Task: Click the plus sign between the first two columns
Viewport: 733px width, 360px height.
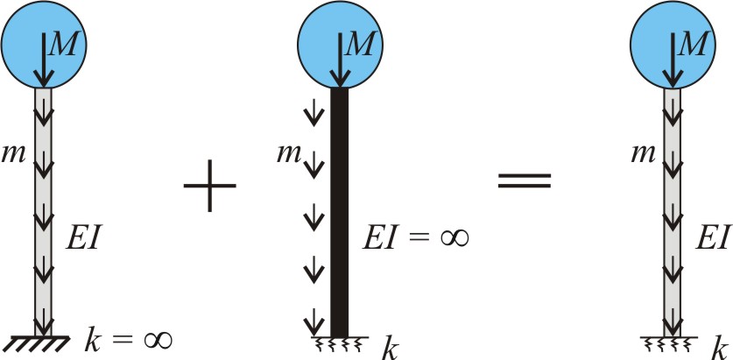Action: click(x=210, y=186)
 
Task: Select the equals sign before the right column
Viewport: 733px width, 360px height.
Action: click(x=525, y=181)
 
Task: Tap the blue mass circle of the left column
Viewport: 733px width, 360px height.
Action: click(x=44, y=45)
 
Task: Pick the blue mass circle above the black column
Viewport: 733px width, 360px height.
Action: click(x=340, y=45)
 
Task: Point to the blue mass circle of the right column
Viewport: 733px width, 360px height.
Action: click(x=673, y=45)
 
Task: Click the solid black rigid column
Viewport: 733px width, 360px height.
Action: click(x=340, y=212)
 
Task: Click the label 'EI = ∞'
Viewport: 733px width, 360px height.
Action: click(x=416, y=238)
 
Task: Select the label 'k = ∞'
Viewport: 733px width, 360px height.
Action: click(x=129, y=340)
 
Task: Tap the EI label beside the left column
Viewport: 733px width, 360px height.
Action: click(x=82, y=237)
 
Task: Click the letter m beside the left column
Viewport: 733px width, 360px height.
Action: click(x=14, y=154)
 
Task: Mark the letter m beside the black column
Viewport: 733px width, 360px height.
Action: click(x=288, y=154)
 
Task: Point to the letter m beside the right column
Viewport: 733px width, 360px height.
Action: click(x=644, y=154)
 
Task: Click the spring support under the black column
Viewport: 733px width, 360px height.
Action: click(x=340, y=342)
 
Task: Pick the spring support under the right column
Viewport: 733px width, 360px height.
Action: click(x=669, y=342)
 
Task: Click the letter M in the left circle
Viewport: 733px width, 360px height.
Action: click(x=63, y=46)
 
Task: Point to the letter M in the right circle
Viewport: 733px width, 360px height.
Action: click(x=691, y=46)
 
